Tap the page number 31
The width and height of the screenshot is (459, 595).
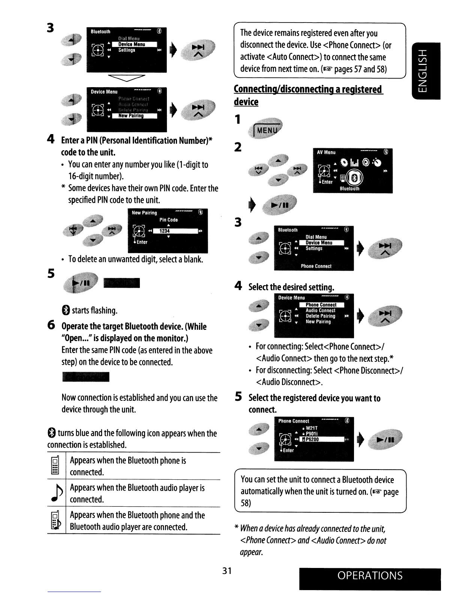[226, 571]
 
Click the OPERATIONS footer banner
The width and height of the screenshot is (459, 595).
[370, 576]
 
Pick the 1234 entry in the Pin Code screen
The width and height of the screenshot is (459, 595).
[164, 231]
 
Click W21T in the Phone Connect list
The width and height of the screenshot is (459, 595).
[312, 428]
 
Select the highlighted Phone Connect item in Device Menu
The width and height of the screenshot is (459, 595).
[321, 305]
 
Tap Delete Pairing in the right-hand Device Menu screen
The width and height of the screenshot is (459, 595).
[320, 316]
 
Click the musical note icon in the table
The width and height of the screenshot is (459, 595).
[55, 493]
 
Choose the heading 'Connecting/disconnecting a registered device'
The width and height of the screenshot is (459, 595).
[307, 95]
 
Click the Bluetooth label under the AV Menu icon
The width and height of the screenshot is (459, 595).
[349, 189]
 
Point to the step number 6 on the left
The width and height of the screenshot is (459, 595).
[52, 325]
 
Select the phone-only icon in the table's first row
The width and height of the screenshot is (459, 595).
[55, 466]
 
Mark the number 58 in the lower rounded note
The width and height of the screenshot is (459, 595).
[246, 503]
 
